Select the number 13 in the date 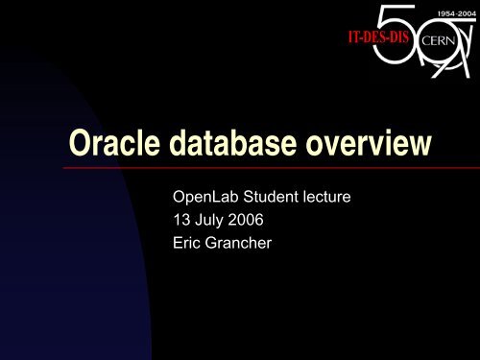pyautogui.click(x=180, y=222)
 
